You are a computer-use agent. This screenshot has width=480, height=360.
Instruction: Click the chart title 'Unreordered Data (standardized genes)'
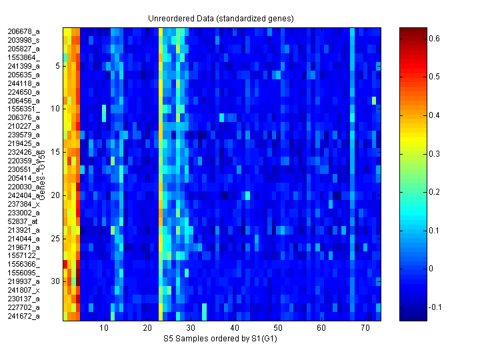221,18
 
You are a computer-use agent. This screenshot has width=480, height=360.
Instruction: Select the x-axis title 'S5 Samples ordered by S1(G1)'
221,339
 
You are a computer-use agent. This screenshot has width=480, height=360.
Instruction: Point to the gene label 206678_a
24,31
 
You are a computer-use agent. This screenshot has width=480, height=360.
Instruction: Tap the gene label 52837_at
23,221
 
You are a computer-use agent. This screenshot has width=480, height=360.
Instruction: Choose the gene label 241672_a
24,316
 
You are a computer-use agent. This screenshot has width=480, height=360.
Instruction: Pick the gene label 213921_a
24,230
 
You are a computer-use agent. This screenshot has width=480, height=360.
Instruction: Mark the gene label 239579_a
24,135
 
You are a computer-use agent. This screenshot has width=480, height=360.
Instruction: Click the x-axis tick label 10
104,328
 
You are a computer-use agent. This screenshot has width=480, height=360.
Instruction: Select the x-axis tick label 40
234,328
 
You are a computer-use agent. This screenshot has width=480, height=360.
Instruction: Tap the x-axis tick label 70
365,328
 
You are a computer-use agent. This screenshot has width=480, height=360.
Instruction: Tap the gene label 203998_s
24,40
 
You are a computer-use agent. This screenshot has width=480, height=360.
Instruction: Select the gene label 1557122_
24,255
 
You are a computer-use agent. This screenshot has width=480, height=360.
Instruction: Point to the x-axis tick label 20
147,328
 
